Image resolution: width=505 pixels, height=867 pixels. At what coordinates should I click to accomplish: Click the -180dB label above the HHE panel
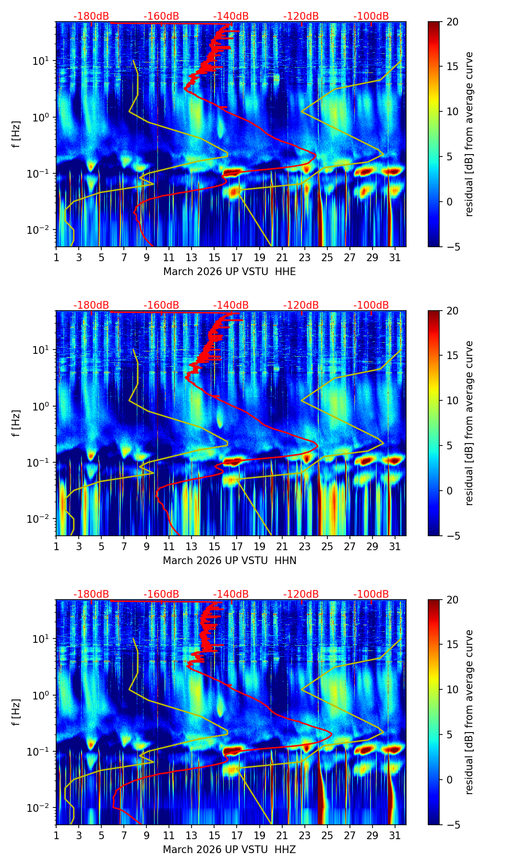click(91, 16)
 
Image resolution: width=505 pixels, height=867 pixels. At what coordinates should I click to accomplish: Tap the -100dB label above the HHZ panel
click(371, 594)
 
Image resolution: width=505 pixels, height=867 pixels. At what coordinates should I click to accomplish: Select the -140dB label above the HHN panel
click(231, 305)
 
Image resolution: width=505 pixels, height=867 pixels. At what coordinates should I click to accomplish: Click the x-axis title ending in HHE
click(229, 272)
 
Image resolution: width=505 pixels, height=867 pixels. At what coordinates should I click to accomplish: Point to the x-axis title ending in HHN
click(229, 561)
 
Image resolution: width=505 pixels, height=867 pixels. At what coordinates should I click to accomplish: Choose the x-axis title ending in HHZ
click(229, 850)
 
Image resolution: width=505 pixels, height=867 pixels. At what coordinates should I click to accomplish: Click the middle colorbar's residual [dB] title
click(469, 423)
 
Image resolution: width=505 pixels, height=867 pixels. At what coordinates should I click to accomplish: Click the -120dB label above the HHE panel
click(301, 16)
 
